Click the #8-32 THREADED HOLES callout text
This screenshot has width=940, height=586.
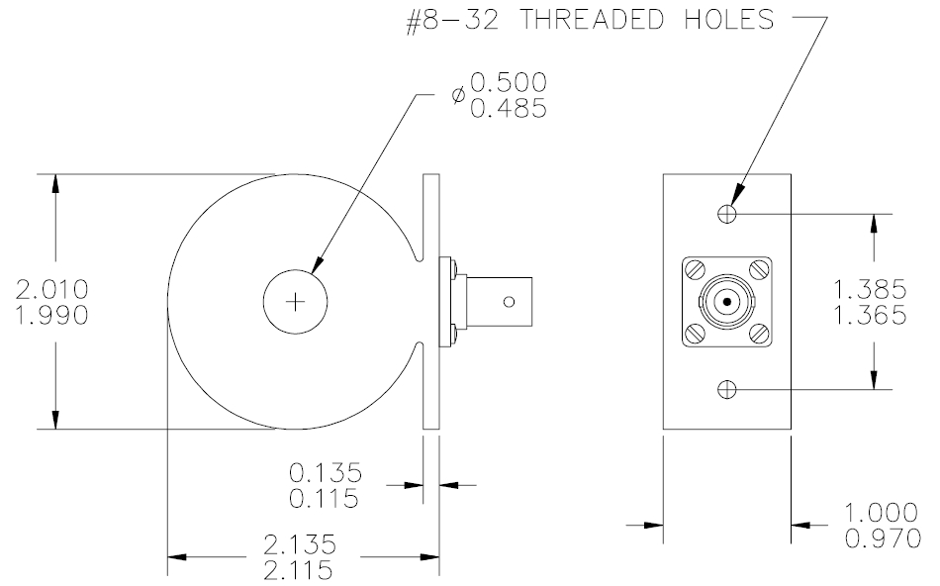(591, 21)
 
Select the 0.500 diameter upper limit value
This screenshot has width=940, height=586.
(509, 82)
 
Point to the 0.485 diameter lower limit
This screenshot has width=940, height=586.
(509, 109)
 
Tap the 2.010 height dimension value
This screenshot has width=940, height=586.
(52, 289)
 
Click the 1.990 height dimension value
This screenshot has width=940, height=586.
(52, 316)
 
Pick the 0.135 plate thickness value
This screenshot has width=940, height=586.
(326, 472)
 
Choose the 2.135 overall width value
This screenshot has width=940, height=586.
(300, 544)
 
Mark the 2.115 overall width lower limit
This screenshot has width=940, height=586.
(299, 570)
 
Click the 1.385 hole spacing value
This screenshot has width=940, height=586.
(871, 289)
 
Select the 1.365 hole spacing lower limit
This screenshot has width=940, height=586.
(871, 316)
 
